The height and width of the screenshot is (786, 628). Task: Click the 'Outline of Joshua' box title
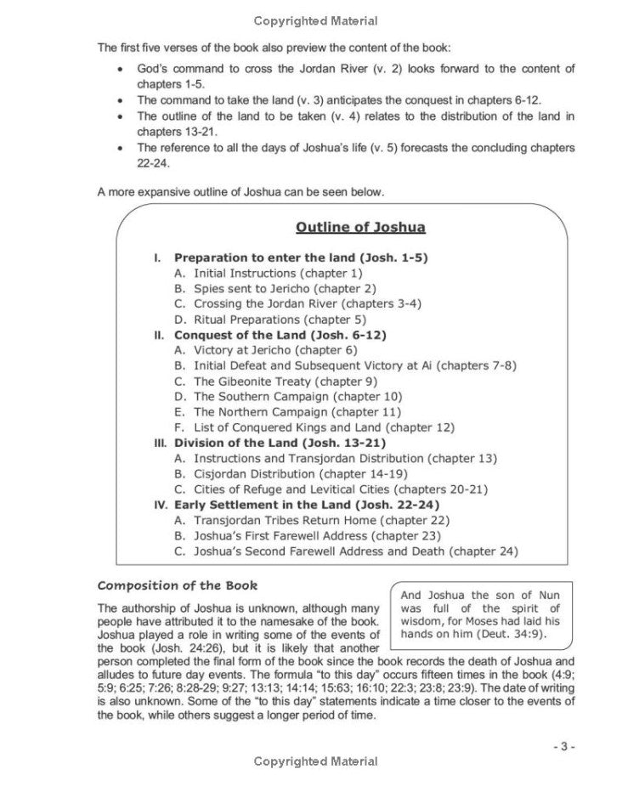tap(360, 227)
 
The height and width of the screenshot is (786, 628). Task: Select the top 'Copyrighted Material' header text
tap(316, 20)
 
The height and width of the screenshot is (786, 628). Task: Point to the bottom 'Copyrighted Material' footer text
tap(316, 762)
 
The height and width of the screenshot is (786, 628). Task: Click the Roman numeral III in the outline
tap(160, 443)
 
